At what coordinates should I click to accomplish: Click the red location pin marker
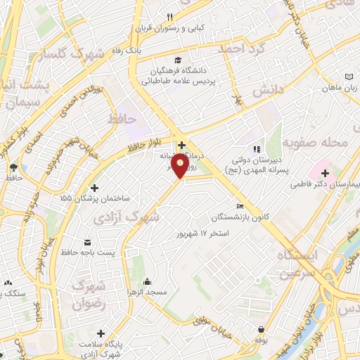point(181,167)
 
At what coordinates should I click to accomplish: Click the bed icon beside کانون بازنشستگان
point(240,206)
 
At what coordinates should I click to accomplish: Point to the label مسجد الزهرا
point(145,290)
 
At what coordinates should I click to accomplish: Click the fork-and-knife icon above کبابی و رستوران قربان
point(169,17)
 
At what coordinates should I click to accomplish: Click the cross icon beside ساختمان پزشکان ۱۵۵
point(94,187)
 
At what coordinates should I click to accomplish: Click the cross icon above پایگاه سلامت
point(101,333)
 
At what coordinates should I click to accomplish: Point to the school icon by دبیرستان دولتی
point(257,149)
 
